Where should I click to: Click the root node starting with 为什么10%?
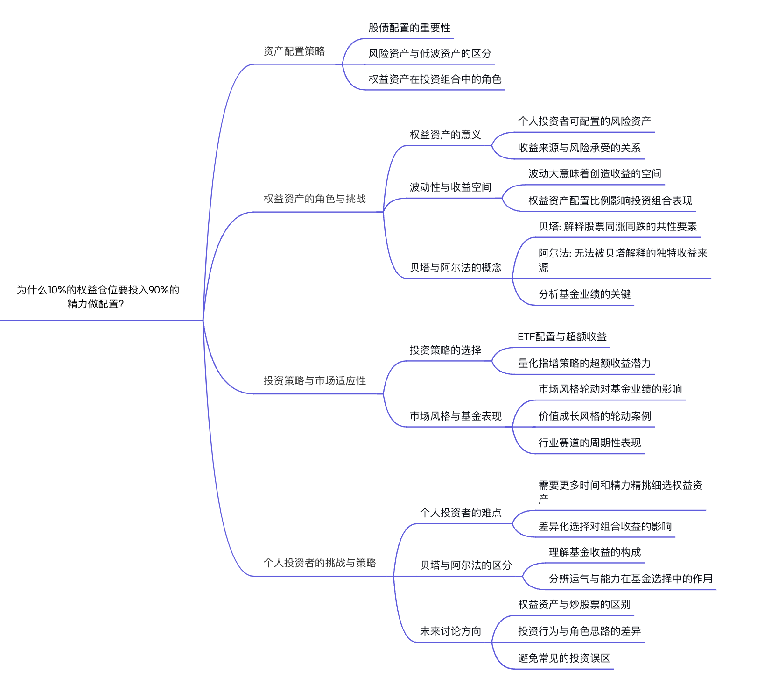coord(98,297)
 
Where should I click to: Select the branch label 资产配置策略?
coord(294,51)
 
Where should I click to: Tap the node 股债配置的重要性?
coord(409,28)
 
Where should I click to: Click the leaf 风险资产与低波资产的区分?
coord(429,54)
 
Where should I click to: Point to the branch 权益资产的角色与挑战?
coord(315,199)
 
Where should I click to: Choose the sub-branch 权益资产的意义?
coord(445,135)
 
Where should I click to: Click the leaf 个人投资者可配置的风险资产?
coord(584,121)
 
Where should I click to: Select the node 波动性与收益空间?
coord(450,187)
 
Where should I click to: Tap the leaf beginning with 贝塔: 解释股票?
coord(617,227)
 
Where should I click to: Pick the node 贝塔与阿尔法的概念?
coord(456,268)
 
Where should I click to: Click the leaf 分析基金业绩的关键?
coord(584,294)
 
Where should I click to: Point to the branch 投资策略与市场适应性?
coord(315,381)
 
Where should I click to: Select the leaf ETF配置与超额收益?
coord(562,337)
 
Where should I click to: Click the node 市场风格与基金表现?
coord(456,416)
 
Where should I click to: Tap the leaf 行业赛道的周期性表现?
coord(589,443)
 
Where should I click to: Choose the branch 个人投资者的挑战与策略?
coord(320,563)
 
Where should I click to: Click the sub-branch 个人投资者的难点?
coord(461,513)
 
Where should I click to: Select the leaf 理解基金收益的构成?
coord(595,552)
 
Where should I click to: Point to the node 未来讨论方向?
coord(450,631)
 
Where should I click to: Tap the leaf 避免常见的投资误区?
coord(564,658)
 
